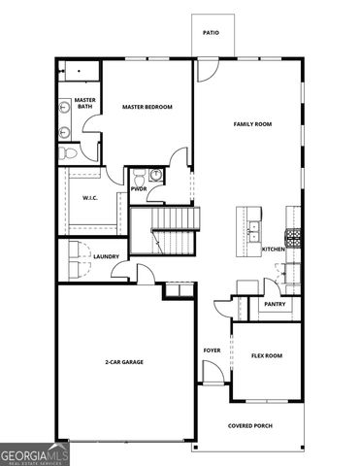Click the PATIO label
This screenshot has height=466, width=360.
211,32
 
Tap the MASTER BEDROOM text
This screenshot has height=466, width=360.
147,107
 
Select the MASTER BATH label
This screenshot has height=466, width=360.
84,102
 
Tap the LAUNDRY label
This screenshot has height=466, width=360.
106,256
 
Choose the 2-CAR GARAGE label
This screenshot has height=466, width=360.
124,361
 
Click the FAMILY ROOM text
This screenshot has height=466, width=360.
252,124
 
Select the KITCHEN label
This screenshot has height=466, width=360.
273,250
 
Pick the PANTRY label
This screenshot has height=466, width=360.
274,304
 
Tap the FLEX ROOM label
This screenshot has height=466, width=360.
267,355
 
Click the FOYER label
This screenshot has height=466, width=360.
212,350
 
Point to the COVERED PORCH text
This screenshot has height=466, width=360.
248,425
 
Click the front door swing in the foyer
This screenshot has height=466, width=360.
211,372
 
